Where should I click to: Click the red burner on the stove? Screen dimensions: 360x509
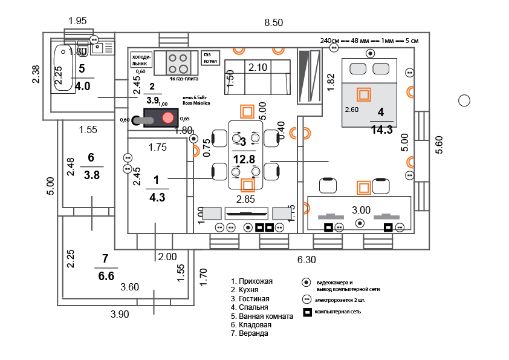pyautogui.click(x=168, y=119)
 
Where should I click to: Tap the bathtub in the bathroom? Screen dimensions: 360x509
pyautogui.click(x=62, y=68)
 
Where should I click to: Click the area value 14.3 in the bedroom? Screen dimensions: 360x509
pyautogui.click(x=381, y=129)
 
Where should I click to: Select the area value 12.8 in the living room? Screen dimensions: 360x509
pyautogui.click(x=243, y=159)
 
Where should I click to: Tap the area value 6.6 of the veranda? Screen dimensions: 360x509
pyautogui.click(x=106, y=276)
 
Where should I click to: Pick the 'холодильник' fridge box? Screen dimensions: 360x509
pyautogui.click(x=140, y=59)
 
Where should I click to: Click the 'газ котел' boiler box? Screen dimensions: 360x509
pyautogui.click(x=210, y=58)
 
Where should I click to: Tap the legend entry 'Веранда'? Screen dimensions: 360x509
pyautogui.click(x=253, y=333)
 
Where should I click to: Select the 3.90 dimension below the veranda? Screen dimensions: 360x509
pyautogui.click(x=119, y=314)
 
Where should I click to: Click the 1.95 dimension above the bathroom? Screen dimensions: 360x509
pyautogui.click(x=77, y=21)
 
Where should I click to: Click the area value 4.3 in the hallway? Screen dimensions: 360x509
pyautogui.click(x=157, y=197)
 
